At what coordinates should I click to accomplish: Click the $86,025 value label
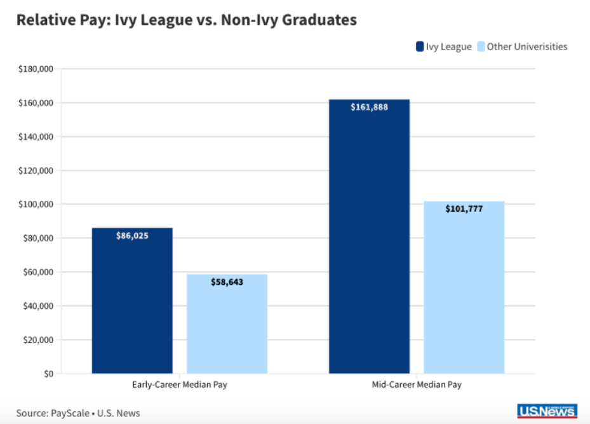tap(132, 236)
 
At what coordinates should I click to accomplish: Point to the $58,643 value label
tap(227, 282)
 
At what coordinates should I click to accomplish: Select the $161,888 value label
tap(369, 107)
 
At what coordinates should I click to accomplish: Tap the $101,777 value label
tap(464, 209)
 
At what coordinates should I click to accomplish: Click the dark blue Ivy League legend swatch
tap(420, 46)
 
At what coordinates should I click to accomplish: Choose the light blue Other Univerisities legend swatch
tap(481, 46)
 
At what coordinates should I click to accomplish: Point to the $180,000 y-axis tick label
tap(36, 69)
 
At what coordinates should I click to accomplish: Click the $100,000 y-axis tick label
tap(36, 204)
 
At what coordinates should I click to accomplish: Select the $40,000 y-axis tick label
tap(39, 306)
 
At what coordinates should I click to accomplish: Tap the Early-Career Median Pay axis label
tap(180, 385)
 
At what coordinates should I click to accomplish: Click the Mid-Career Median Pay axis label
tap(417, 385)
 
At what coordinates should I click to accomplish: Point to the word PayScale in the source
tap(70, 413)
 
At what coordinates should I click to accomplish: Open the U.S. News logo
tap(547, 412)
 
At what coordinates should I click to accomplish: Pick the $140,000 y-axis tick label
tap(36, 137)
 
